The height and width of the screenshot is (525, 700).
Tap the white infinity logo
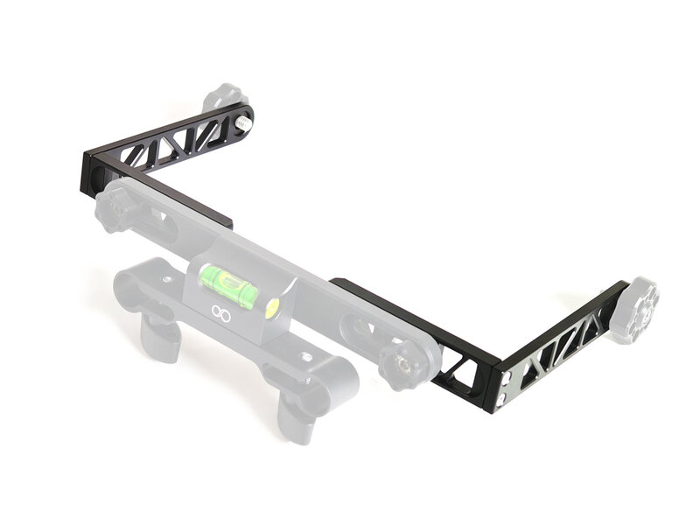tap(219, 311)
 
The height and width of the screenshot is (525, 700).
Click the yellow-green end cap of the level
tap(272, 307)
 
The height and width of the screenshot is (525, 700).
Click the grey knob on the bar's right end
tap(406, 365)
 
